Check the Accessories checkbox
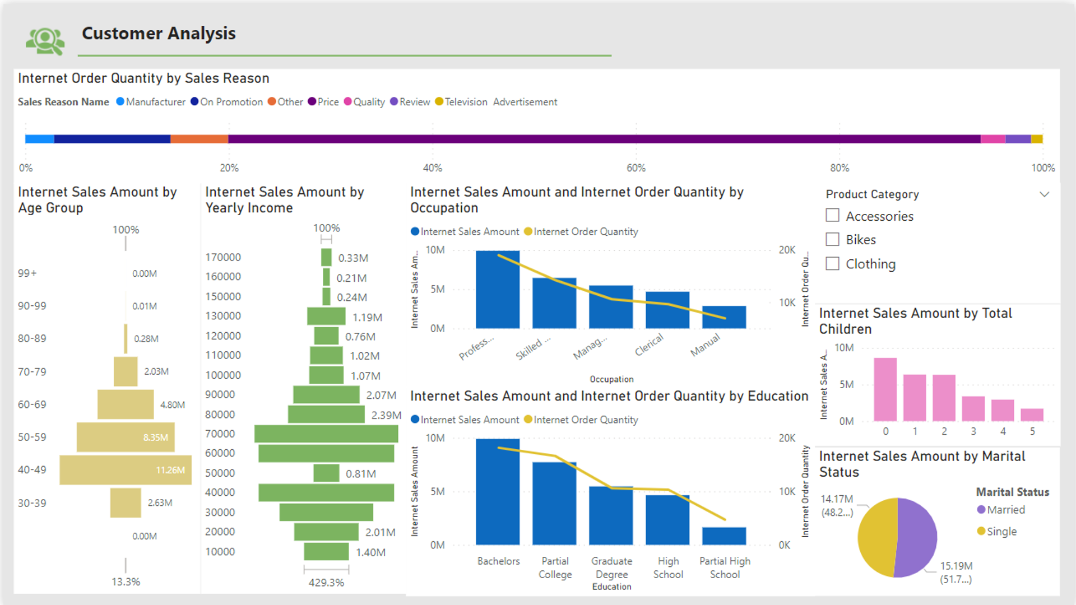tap(832, 216)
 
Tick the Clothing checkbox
tap(832, 263)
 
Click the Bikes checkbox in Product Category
tap(832, 240)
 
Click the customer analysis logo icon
tap(45, 41)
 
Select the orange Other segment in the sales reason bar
tap(199, 139)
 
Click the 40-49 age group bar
tap(125, 470)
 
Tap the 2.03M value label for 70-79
tap(156, 371)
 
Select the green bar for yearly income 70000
tap(326, 434)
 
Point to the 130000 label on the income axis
tap(223, 316)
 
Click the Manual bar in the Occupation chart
tap(723, 317)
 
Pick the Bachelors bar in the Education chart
tap(498, 491)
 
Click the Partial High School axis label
tap(725, 567)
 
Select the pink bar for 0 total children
tap(885, 389)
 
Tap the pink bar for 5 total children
tap(1032, 415)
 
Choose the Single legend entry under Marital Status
tap(1001, 531)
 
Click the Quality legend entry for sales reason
tap(368, 102)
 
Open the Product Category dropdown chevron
tap(1044, 194)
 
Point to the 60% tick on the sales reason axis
tap(636, 167)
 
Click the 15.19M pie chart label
tap(956, 566)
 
